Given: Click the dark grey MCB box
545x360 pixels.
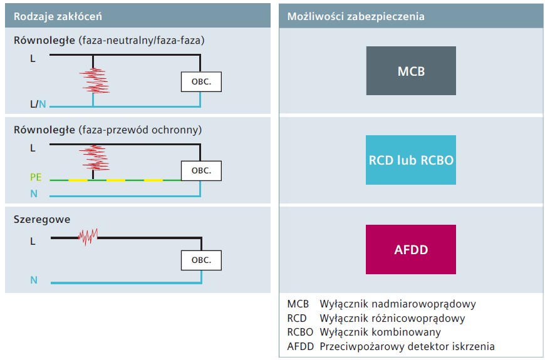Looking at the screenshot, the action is point(411,71).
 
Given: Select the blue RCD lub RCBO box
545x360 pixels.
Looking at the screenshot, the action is point(411,160).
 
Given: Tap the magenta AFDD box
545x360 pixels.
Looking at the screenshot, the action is point(411,250).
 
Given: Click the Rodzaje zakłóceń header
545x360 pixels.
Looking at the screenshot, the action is point(58,16).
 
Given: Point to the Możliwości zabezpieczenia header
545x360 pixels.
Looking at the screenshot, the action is point(356,16).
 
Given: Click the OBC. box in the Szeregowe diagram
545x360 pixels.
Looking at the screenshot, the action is point(201,260).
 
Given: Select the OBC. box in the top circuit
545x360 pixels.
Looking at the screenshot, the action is point(201,81).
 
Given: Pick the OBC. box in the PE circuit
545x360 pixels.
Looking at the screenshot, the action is point(201,171).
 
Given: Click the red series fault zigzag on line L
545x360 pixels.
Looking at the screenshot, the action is point(88,237).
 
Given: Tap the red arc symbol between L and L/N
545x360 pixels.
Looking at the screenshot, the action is point(94,81).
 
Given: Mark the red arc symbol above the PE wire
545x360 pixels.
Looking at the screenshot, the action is point(94,158).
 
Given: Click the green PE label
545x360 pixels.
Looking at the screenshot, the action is point(36,177).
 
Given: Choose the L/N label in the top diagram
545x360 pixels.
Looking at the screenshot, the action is point(38,104).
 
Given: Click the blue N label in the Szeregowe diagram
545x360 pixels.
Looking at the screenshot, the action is point(34,280).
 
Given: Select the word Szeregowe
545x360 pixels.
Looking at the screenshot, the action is point(42,219).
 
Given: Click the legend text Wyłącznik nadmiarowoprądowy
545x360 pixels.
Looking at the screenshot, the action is point(398,304).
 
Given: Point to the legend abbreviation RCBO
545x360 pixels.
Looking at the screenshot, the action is point(300,332).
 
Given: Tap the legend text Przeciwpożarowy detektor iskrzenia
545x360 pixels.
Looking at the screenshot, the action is point(407,346).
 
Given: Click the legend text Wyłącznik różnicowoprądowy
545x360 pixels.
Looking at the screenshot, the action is point(392,318).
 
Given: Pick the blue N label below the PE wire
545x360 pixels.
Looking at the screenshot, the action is point(34,193).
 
